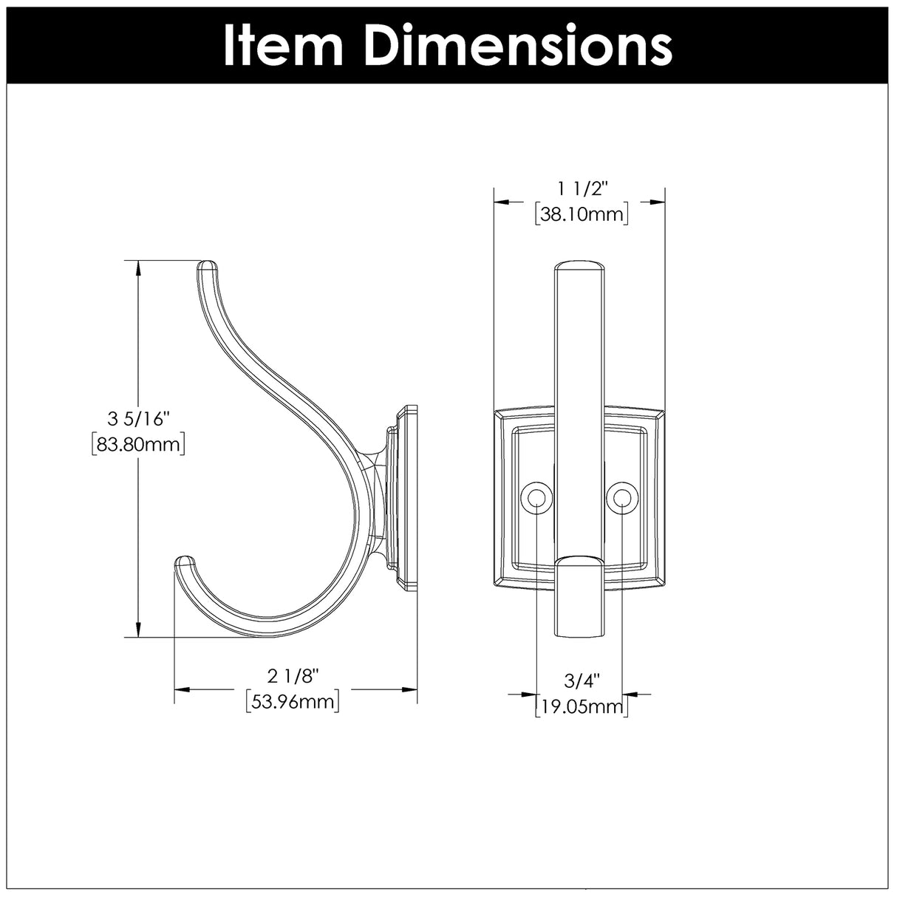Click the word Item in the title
(x=285, y=47)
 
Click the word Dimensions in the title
(x=518, y=47)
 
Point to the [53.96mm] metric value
(x=292, y=701)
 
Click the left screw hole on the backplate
(x=536, y=499)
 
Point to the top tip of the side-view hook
(x=208, y=265)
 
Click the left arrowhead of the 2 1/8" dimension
(x=182, y=689)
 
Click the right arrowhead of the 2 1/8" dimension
(x=410, y=689)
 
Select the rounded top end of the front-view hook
(x=579, y=266)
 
